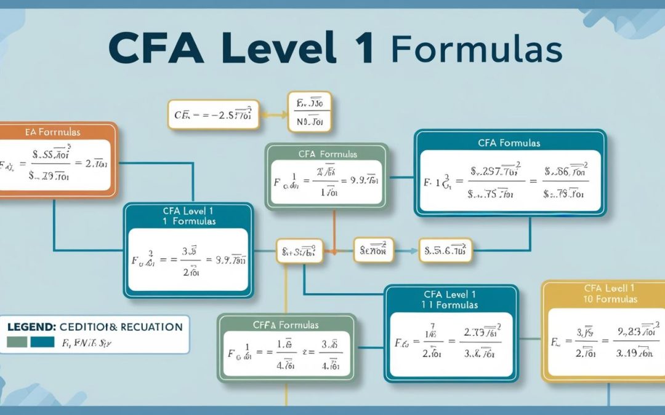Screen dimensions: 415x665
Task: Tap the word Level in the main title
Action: click(x=283, y=49)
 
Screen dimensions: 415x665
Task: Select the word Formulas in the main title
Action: click(x=477, y=49)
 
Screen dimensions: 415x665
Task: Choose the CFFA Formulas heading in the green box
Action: click(x=286, y=324)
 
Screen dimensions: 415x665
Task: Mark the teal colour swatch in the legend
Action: click(x=41, y=341)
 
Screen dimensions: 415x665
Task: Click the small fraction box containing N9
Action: click(x=309, y=111)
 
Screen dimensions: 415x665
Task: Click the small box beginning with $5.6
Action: click(x=446, y=251)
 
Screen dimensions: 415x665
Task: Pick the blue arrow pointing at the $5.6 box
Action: click(x=406, y=251)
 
